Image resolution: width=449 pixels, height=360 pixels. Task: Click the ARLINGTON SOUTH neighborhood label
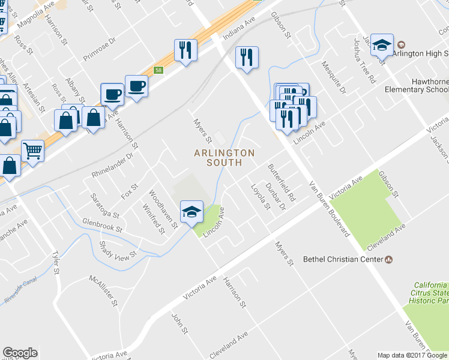pyautogui.click(x=224, y=158)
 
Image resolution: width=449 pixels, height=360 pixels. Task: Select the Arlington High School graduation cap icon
pyautogui.click(x=382, y=46)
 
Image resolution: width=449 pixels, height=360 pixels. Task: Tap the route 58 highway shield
pyautogui.click(x=158, y=70)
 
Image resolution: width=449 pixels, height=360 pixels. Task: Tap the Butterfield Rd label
pyautogui.click(x=282, y=182)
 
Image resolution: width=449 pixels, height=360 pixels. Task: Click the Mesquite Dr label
pyautogui.click(x=334, y=79)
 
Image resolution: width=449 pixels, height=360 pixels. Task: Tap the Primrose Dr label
pyautogui.click(x=98, y=48)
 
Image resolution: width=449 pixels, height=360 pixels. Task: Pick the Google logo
pyautogui.click(x=20, y=353)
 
